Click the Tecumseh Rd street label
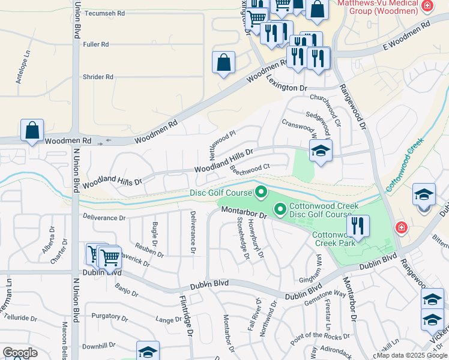tap(104, 13)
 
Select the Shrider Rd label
tap(98, 77)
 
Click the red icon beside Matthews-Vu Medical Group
tap(427, 6)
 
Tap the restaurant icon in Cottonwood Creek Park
tap(358, 226)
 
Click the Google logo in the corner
tap(20, 353)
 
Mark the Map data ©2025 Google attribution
tap(412, 355)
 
